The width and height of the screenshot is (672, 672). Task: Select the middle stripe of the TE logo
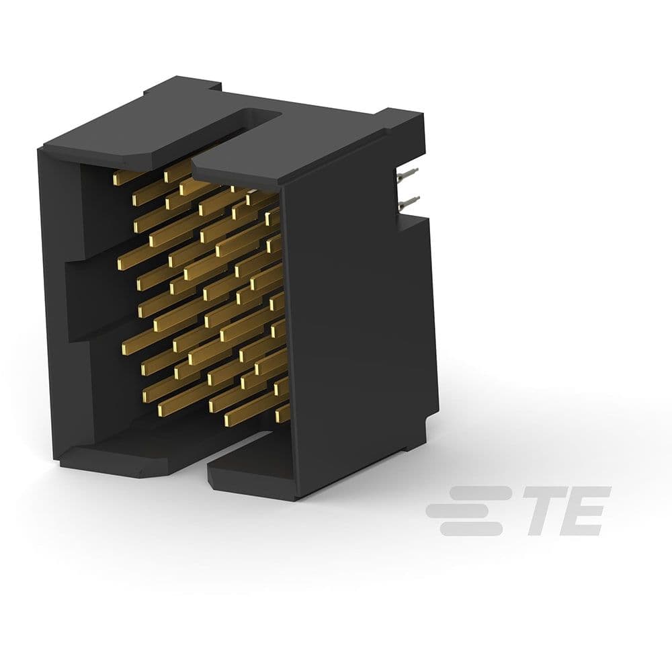[464, 511]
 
